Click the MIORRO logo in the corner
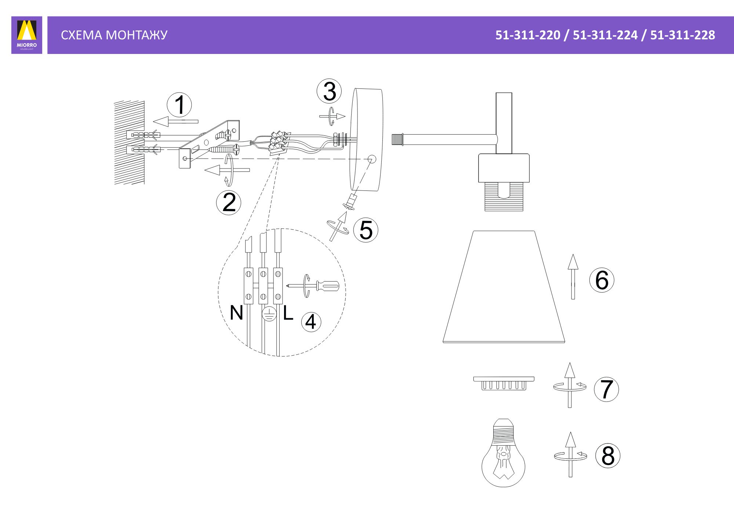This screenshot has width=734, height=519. pyautogui.click(x=27, y=35)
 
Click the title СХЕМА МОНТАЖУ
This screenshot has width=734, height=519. pyautogui.click(x=114, y=35)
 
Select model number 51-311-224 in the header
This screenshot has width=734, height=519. pyautogui.click(x=605, y=35)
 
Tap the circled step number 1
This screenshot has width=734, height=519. pyautogui.click(x=179, y=105)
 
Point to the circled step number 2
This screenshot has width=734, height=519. pyautogui.click(x=229, y=203)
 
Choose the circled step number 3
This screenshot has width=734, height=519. pyautogui.click(x=329, y=91)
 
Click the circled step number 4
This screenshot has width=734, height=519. pyautogui.click(x=311, y=322)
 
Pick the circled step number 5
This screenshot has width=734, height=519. pyautogui.click(x=366, y=230)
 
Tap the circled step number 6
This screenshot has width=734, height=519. pyautogui.click(x=602, y=280)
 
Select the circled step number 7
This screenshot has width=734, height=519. pyautogui.click(x=606, y=389)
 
